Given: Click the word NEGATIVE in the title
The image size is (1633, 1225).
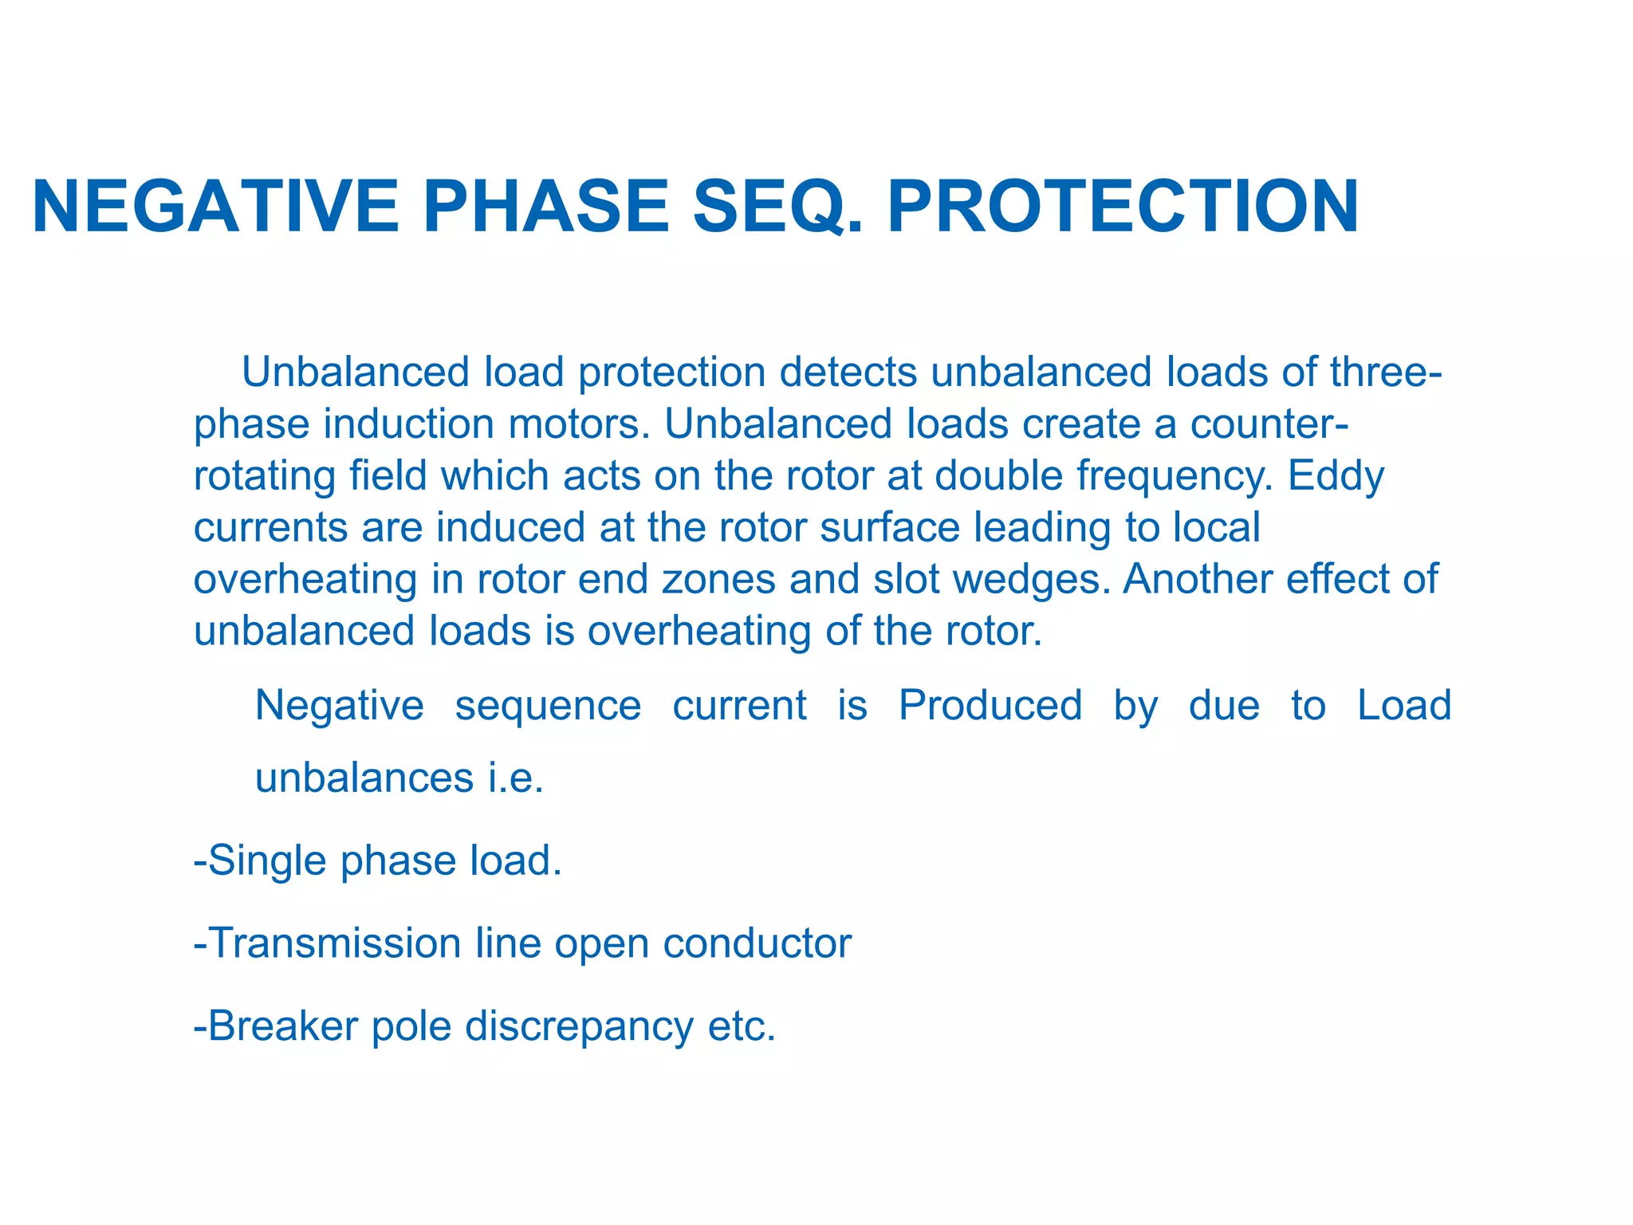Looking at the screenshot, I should [x=215, y=207].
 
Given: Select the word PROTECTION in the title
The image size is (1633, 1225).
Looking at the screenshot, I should [x=1123, y=207].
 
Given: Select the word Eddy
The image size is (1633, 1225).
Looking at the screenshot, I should [x=1336, y=477].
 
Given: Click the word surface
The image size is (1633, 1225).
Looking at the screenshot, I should [x=890, y=528].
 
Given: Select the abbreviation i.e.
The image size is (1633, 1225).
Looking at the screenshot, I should [x=516, y=778].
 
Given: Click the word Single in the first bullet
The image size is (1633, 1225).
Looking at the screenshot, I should [x=267, y=861].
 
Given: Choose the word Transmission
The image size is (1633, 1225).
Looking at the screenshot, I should [x=335, y=943].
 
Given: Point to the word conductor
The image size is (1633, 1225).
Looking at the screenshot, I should [x=757, y=943].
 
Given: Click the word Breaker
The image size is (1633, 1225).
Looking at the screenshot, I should [x=283, y=1026].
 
